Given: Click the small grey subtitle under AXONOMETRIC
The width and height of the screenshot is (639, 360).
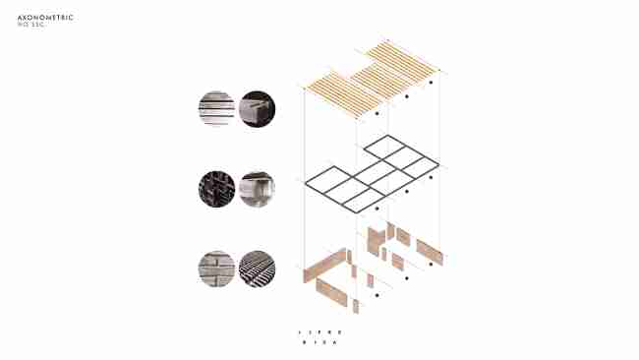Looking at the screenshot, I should point(32,26).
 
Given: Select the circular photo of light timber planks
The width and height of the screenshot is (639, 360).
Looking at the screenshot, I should point(216,107).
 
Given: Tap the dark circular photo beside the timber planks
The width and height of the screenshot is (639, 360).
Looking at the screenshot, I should point(258,107).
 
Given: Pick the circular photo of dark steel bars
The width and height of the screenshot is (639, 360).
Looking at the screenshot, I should point(216,188).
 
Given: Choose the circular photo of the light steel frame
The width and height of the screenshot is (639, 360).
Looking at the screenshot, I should point(258,188).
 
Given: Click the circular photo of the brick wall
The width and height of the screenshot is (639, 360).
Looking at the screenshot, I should point(216,269).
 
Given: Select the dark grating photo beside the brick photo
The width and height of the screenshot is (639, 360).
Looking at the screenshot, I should point(258,269).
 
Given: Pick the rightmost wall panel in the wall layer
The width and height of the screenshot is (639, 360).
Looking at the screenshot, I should point(429,251).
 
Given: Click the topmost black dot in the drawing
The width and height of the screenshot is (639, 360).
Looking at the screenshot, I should point(430,85).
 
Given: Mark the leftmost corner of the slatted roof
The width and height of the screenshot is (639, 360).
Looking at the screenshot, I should point(306,90).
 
